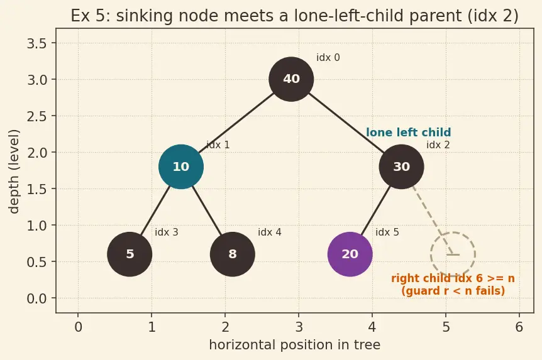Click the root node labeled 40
pyautogui.click(x=291, y=79)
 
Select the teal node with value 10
pyautogui.click(x=181, y=166)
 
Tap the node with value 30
pyautogui.click(x=401, y=166)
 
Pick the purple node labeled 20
pyautogui.click(x=350, y=254)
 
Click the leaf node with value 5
pyautogui.click(x=130, y=254)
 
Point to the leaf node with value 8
pyautogui.click(x=233, y=254)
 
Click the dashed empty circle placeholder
pyautogui.click(x=453, y=232)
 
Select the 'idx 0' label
pyautogui.click(x=328, y=58)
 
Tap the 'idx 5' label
pyautogui.click(x=387, y=232)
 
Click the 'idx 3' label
pyautogui.click(x=166, y=232)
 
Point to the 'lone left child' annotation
pyautogui.click(x=408, y=133)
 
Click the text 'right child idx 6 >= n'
pyautogui.click(x=453, y=278)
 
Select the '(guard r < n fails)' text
pyautogui.click(x=453, y=290)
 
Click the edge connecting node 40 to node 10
pyautogui.click(x=236, y=123)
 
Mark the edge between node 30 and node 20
pyautogui.click(x=376, y=210)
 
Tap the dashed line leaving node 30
pyautogui.click(x=433, y=220)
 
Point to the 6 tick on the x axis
pyautogui.click(x=519, y=327)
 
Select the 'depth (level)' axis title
pyautogui.click(x=14, y=172)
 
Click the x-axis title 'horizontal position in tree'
pyautogui.click(x=295, y=345)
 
